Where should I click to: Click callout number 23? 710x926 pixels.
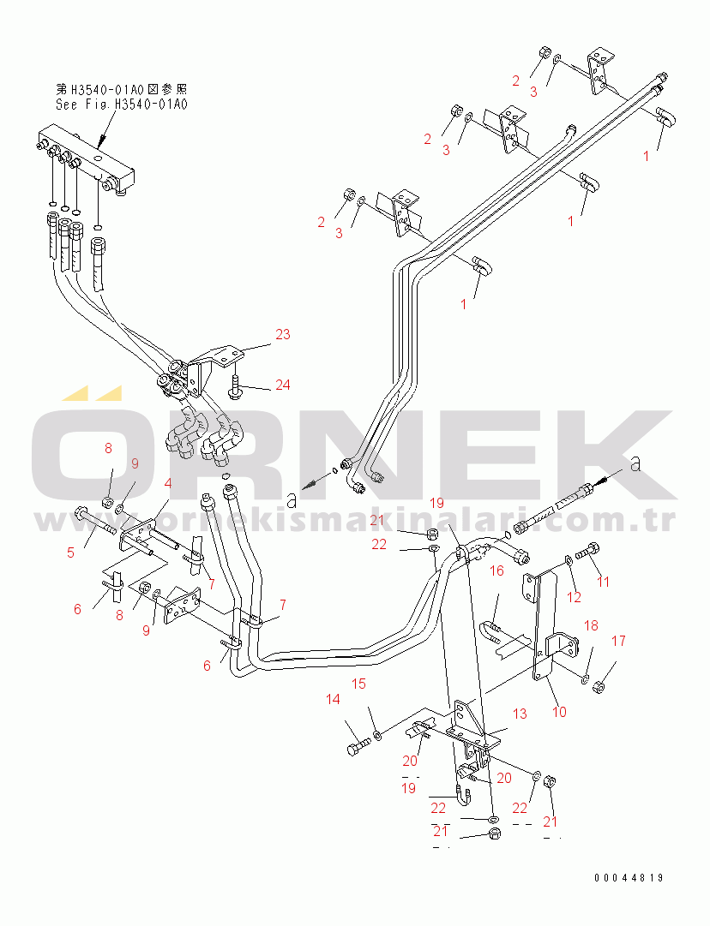coord(283,334)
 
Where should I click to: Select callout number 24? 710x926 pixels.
coord(282,385)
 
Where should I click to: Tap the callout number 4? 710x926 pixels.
coord(168,483)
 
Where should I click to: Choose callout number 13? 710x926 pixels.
coord(520,714)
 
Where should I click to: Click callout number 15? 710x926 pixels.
coord(358,684)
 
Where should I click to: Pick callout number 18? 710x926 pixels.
coord(591,625)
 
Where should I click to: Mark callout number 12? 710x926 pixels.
coord(575,597)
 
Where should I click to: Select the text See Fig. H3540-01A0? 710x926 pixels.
coord(121,105)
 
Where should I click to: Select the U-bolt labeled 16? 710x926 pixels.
coord(497,633)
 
